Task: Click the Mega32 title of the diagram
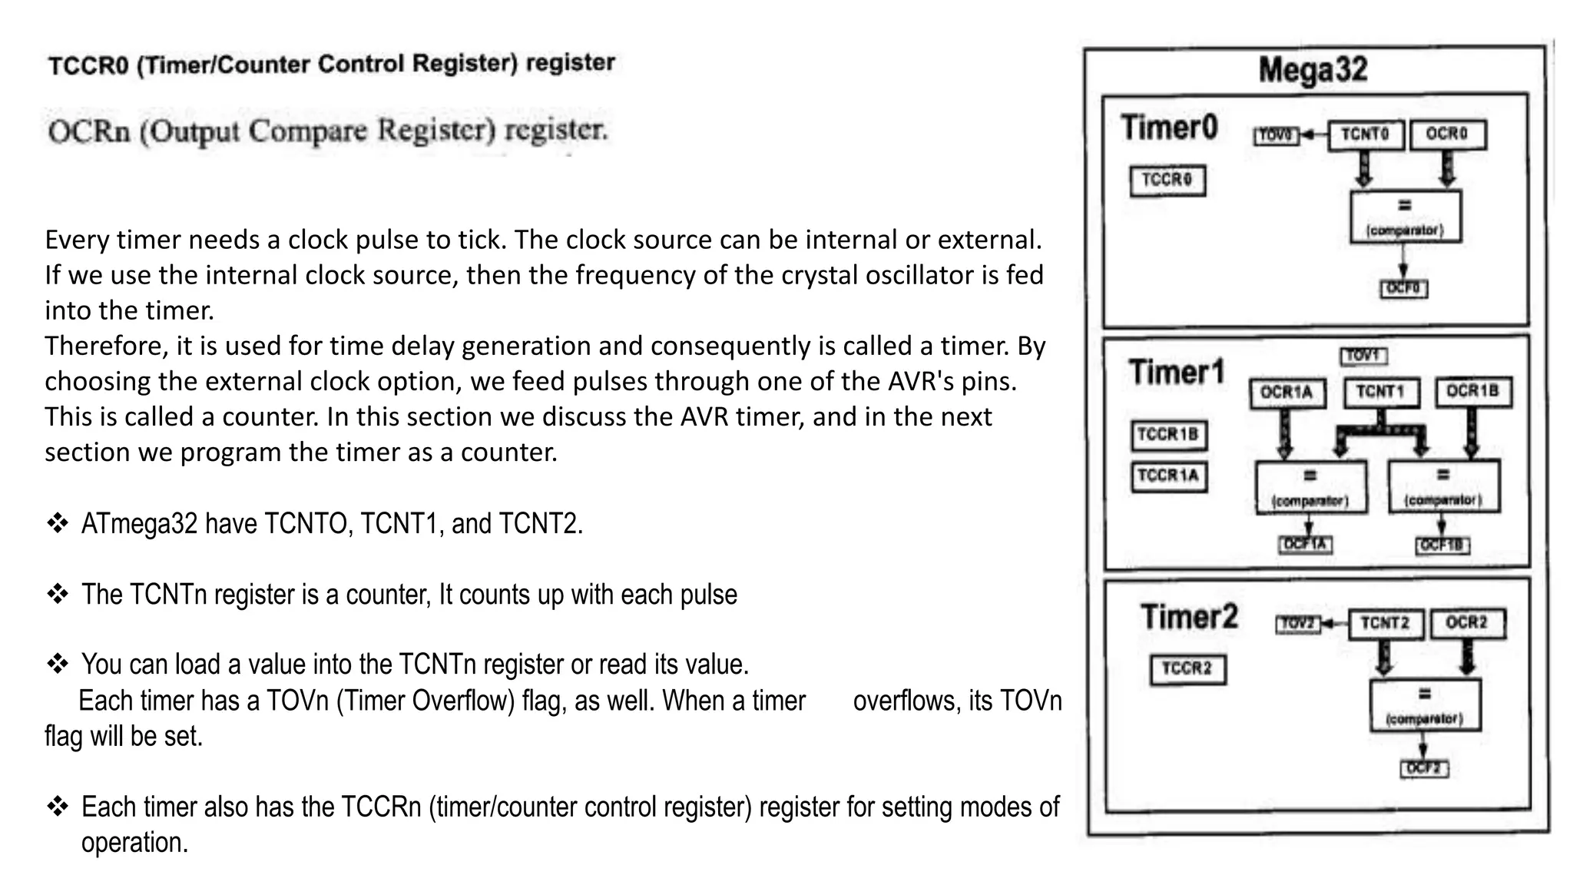[1313, 70]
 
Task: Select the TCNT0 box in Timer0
[1366, 134]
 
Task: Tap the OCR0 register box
[1447, 134]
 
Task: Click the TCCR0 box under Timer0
[1167, 181]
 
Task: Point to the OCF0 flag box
[1404, 289]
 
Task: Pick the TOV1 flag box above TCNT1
[1363, 356]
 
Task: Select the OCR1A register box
[1287, 393]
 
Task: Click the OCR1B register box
[1472, 392]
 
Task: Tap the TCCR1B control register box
[1168, 435]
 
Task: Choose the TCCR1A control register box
[1168, 476]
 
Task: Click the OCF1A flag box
[1305, 545]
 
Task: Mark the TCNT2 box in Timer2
[1386, 623]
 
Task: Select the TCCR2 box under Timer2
[1187, 669]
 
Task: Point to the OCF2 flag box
[1424, 768]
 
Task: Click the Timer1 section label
[1177, 373]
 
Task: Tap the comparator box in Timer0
[1405, 217]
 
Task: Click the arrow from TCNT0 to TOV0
[1313, 135]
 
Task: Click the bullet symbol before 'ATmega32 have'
[58, 524]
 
